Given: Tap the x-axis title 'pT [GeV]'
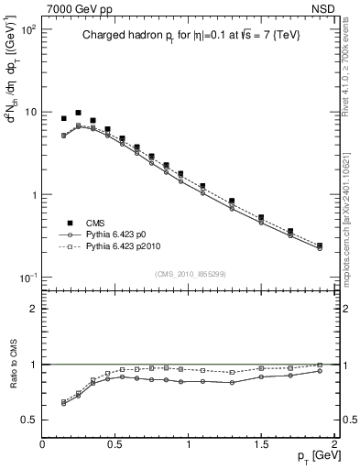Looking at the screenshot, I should tap(315, 454).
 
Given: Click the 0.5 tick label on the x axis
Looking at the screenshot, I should tap(115, 442).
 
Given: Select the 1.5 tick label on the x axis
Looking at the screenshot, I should tap(261, 442).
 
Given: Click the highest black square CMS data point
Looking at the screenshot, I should tap(79, 113).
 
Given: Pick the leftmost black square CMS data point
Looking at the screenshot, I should tap(64, 118).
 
